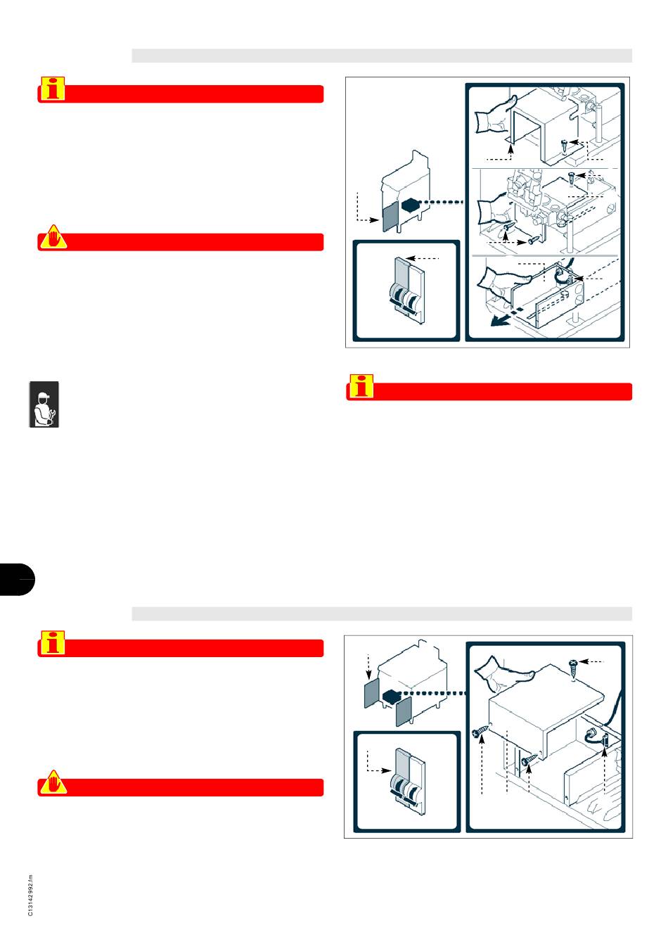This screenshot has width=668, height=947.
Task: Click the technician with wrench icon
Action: click(44, 404)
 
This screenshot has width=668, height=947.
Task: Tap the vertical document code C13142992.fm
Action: click(30, 895)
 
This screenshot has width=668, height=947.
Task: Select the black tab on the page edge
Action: click(17, 579)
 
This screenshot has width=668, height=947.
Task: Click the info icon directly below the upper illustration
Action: click(361, 386)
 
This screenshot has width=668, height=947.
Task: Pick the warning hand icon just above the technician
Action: click(53, 236)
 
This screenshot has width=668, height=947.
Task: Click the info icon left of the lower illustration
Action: click(53, 642)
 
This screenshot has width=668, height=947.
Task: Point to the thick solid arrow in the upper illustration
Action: click(499, 322)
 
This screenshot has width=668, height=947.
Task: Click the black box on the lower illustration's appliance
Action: click(391, 695)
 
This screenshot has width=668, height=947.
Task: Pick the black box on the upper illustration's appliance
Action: click(409, 205)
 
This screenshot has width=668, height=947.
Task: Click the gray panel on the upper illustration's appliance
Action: click(390, 216)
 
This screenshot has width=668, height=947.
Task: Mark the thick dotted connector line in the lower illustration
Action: click(433, 693)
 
